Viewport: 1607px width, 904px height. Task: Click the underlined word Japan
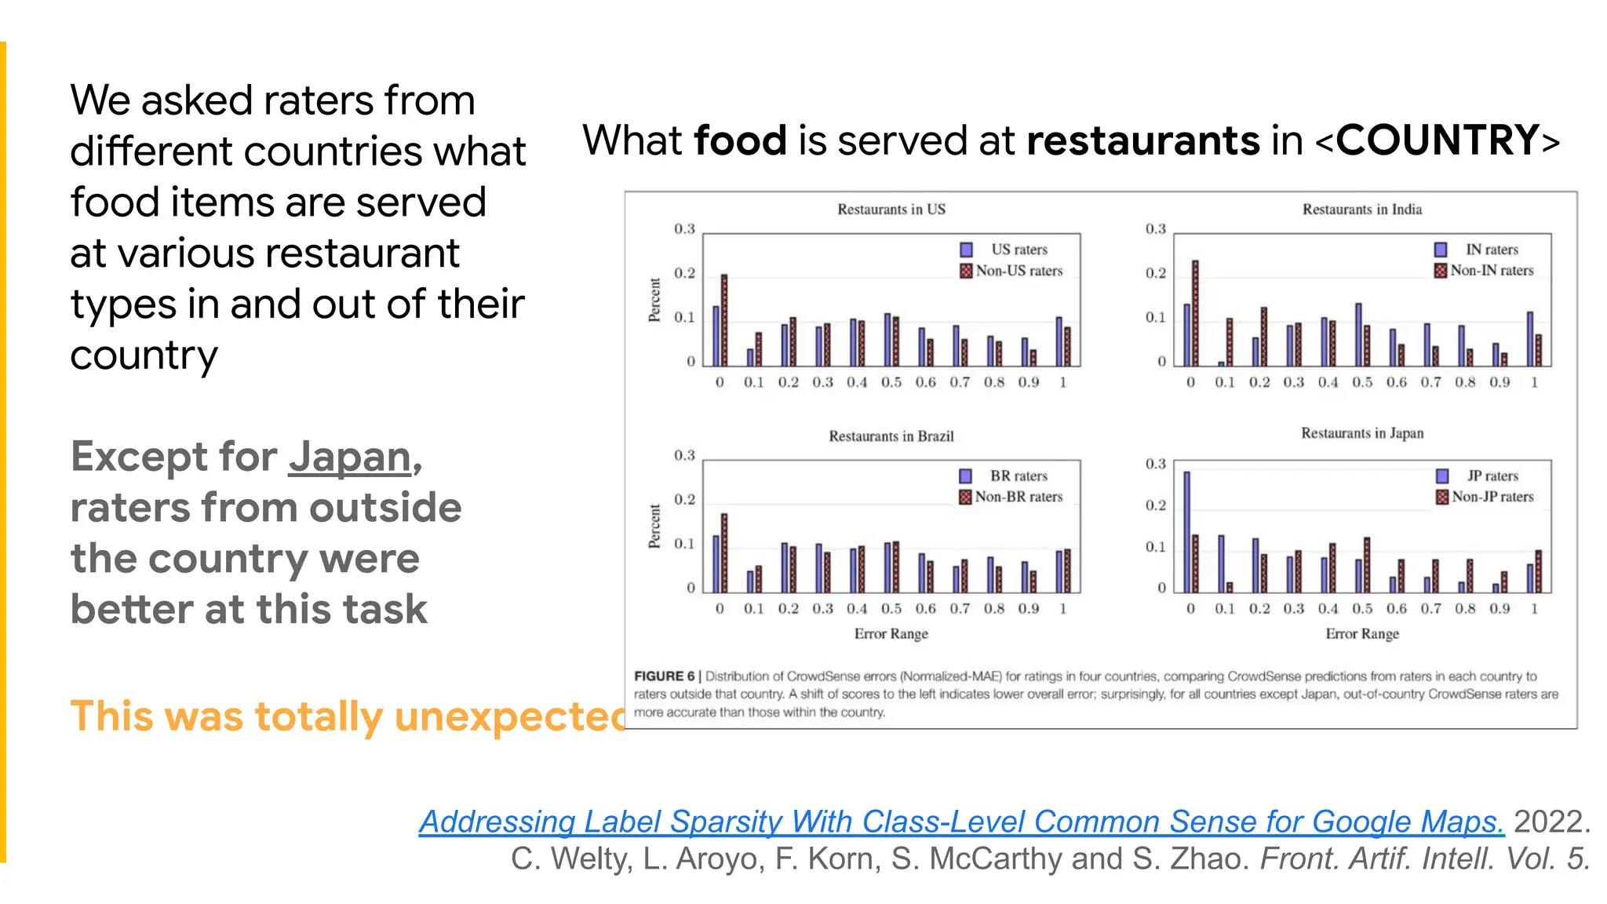coord(349,458)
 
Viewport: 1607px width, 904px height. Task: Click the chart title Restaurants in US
coord(891,210)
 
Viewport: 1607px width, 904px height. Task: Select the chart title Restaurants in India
coord(1361,210)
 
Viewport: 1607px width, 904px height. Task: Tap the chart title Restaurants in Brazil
coord(891,436)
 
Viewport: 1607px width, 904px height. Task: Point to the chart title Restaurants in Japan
coord(1361,433)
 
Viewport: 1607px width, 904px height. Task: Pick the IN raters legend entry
coord(1483,250)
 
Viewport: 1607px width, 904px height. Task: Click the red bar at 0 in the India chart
coord(1195,314)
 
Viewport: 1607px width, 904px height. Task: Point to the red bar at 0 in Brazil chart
coord(724,553)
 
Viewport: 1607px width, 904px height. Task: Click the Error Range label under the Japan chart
coord(1361,634)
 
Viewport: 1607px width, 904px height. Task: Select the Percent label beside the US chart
coord(654,300)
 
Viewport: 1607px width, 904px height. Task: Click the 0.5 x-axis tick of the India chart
coord(1361,382)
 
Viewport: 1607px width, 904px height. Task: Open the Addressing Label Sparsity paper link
coord(961,822)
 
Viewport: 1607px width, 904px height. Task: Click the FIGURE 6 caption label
coord(664,676)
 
